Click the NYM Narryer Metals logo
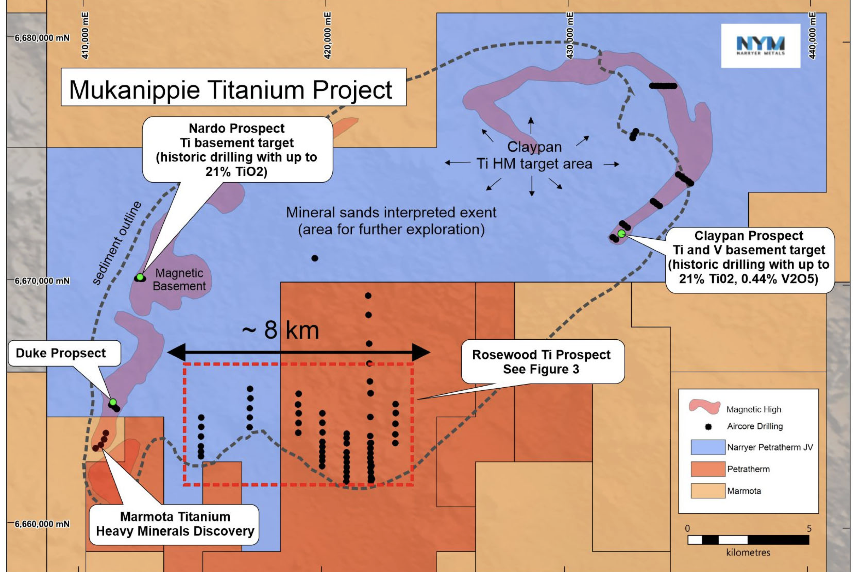tap(761, 46)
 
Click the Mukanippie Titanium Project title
tap(230, 90)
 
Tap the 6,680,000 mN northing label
tap(42, 38)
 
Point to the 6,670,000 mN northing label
tap(42, 281)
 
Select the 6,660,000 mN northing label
tap(42, 524)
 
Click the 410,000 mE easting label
tap(85, 35)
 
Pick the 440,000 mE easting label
tap(812, 35)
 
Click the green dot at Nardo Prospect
tap(140, 277)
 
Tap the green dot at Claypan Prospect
tap(621, 233)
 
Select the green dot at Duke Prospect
tap(113, 402)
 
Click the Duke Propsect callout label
tap(64, 353)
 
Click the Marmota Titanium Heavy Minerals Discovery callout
tap(175, 524)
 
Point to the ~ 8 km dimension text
tap(280, 330)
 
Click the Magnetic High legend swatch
tap(705, 407)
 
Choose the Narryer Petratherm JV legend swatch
tap(708, 447)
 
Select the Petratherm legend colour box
tap(708, 469)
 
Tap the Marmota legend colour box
tap(708, 491)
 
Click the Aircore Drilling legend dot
tap(708, 427)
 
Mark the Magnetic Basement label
tap(179, 279)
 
